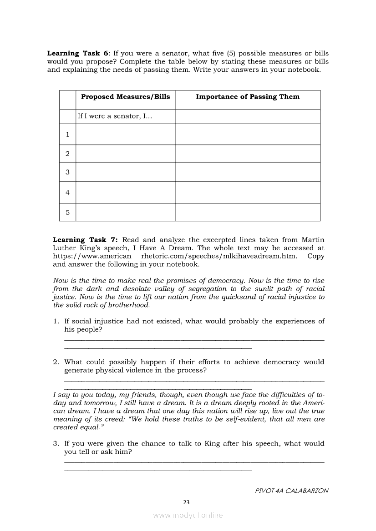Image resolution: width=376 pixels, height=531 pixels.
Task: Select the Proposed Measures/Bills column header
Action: [125, 97]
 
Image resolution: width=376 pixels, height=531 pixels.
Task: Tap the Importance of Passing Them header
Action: [248, 97]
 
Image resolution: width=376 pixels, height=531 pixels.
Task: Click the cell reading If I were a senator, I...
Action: [115, 116]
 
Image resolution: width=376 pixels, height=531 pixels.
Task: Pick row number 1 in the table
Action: [67, 134]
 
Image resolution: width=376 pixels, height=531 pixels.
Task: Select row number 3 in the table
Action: [67, 172]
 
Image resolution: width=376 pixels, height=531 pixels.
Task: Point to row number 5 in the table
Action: [67, 212]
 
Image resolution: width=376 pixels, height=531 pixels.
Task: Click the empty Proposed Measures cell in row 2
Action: [125, 154]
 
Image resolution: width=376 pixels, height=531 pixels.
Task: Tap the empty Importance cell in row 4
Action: [248, 193]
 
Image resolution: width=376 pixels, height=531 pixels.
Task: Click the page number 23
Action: [186, 502]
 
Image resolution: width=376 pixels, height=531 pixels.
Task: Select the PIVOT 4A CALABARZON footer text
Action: [292, 491]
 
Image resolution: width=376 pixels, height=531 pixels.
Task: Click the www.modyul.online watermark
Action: [188, 515]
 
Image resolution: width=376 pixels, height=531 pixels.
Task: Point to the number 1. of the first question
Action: [56, 321]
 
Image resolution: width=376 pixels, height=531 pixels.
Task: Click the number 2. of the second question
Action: [56, 362]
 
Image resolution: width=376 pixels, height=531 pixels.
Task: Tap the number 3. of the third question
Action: [56, 444]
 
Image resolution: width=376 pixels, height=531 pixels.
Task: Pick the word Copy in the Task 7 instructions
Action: [315, 256]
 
